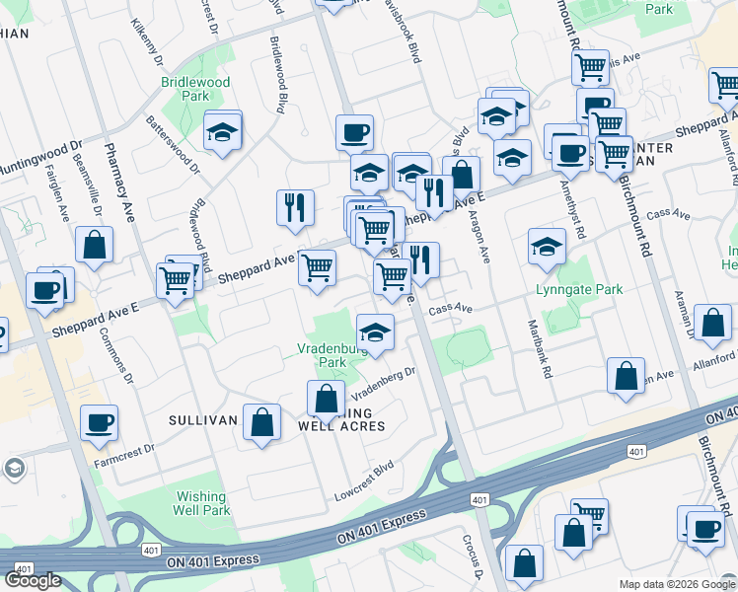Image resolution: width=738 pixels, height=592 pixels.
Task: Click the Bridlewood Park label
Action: pyautogui.click(x=195, y=90)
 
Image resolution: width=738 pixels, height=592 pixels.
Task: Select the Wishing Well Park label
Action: pyautogui.click(x=201, y=503)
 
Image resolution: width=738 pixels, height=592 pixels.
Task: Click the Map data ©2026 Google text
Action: pyautogui.click(x=677, y=584)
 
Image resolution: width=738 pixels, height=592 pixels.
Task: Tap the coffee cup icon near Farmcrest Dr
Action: pyautogui.click(x=99, y=422)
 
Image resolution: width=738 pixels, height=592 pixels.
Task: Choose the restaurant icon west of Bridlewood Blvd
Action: pyautogui.click(x=295, y=206)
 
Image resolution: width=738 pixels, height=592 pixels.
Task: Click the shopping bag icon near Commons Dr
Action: pyautogui.click(x=94, y=246)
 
